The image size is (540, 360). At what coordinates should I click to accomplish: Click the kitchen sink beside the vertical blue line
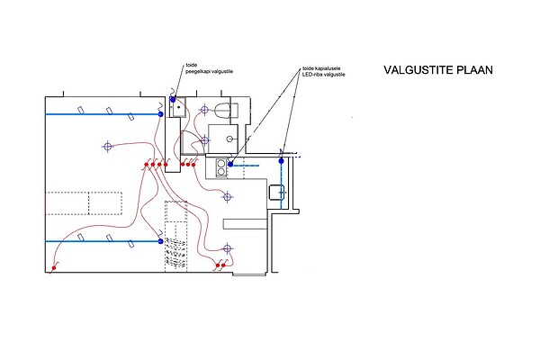(x=278, y=192)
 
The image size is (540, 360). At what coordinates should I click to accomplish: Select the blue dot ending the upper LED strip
(x=160, y=115)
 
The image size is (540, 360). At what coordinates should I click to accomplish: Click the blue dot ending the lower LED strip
(x=160, y=241)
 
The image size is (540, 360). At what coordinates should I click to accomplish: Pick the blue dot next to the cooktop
(x=231, y=165)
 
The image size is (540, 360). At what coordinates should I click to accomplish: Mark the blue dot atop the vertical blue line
(x=282, y=161)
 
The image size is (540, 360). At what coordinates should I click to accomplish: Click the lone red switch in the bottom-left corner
(x=54, y=267)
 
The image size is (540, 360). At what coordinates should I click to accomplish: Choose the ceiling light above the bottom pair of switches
(x=226, y=248)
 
